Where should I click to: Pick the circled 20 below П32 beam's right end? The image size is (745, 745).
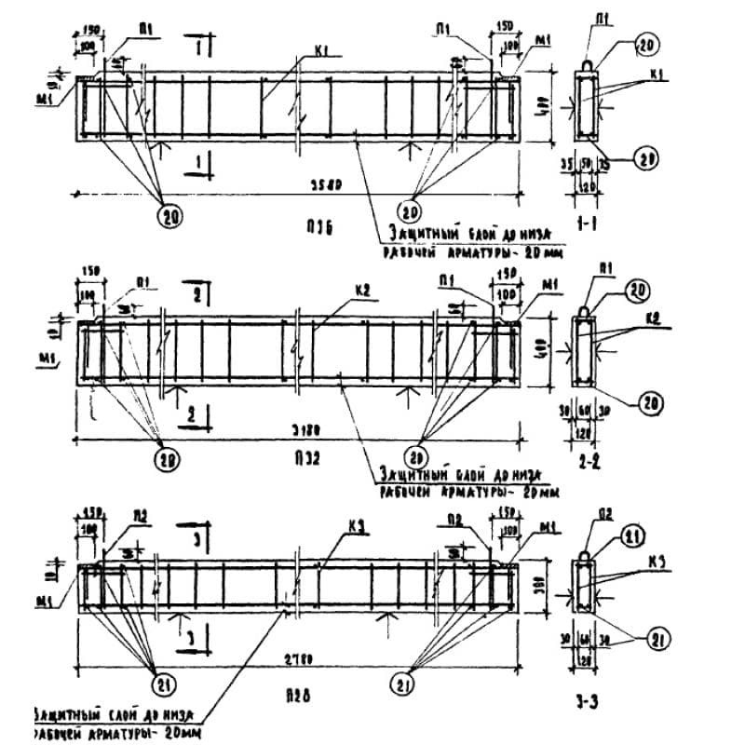tap(417, 456)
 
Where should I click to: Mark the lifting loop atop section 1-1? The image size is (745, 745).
tap(589, 63)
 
